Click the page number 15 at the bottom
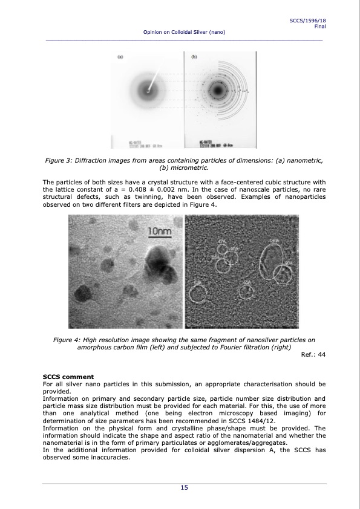pyautogui.click(x=183, y=488)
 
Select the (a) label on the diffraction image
pyautogui.click(x=120, y=57)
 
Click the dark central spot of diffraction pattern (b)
pyautogui.click(x=217, y=91)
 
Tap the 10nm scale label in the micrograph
pyautogui.click(x=160, y=231)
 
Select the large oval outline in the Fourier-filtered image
pyautogui.click(x=271, y=261)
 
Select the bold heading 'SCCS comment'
pyautogui.click(x=68, y=377)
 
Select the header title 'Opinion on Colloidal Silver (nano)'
pyautogui.click(x=184, y=31)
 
